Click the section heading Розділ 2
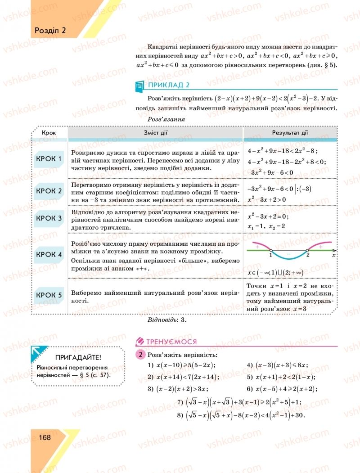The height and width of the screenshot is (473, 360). [x=50, y=30]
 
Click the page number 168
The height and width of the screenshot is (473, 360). [x=45, y=437]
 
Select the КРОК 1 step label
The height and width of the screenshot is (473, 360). [x=49, y=158]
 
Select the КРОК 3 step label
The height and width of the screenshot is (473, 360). [x=49, y=218]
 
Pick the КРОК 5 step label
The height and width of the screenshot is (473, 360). [x=49, y=295]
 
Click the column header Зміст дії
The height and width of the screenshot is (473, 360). [x=155, y=133]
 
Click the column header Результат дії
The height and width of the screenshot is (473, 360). [x=290, y=133]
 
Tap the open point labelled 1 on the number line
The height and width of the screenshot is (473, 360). [x=271, y=250]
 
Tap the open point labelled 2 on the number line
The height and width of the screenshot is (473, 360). [x=307, y=250]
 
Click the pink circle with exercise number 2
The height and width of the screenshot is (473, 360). [x=140, y=355]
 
